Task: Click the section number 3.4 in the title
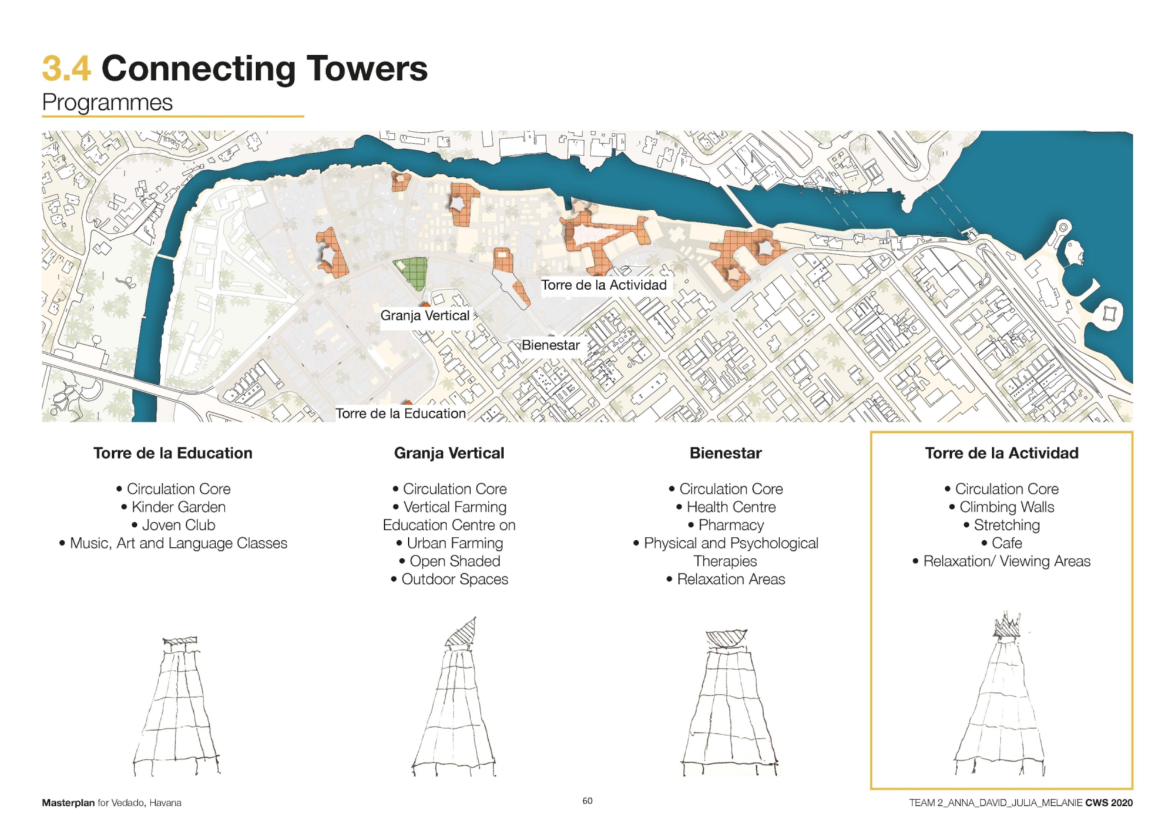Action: pos(66,68)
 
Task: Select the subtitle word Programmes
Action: pos(107,103)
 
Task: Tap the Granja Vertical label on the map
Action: pos(425,315)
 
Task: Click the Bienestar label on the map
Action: pos(550,345)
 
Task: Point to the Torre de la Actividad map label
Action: pos(604,285)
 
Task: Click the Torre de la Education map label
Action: pos(401,413)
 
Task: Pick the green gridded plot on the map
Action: pos(411,274)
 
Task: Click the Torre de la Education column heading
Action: pos(173,453)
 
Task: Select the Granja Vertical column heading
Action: pos(449,453)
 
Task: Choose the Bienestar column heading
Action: pos(726,453)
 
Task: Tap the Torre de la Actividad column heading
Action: pos(1002,453)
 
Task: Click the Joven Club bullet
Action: pos(173,525)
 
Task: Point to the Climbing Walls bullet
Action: pos(1002,507)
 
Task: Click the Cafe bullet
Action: pos(1002,543)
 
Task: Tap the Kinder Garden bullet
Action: pos(173,507)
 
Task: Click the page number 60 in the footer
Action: pos(587,800)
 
